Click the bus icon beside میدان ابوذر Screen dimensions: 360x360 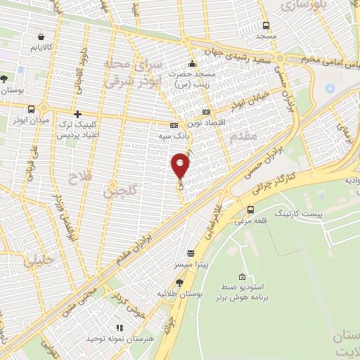pyautogui.click(x=32, y=109)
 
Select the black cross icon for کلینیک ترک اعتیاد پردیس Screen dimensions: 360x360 pyautogui.click(x=77, y=113)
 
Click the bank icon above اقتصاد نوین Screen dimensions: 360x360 pyautogui.click(x=206, y=112)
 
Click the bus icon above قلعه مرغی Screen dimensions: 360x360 pyautogui.click(x=250, y=210)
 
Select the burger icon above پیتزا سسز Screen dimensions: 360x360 pyautogui.click(x=191, y=253)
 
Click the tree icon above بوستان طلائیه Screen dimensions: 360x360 pyautogui.click(x=179, y=283)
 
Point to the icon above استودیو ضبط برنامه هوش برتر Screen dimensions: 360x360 pyautogui.click(x=243, y=276)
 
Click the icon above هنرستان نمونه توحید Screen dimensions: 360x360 pyautogui.click(x=119, y=327)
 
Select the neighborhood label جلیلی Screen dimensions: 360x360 pyautogui.click(x=37, y=262)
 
